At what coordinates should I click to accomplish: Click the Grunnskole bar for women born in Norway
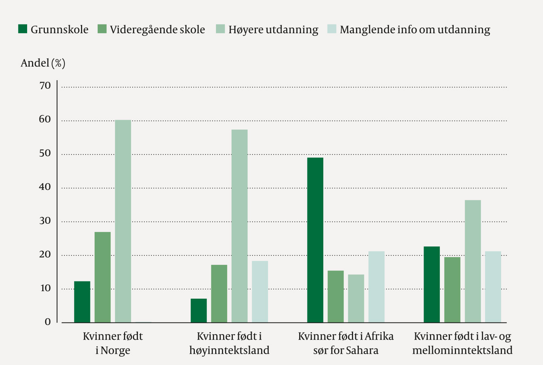pos(82,302)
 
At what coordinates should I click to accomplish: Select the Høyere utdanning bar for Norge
pos(123,221)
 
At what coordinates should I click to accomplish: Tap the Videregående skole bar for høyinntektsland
pos(219,293)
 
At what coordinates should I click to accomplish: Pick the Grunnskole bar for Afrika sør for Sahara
pos(315,240)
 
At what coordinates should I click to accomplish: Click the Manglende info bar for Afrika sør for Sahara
pos(376,287)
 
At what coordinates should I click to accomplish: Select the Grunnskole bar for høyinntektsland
pos(199,310)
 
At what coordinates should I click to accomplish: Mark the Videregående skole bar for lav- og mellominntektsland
pos(452,290)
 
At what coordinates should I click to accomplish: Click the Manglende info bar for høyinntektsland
pos(260,292)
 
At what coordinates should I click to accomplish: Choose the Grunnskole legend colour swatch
pos(23,29)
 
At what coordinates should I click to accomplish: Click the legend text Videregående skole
pos(157,29)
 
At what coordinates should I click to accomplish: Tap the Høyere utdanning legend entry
pos(273,29)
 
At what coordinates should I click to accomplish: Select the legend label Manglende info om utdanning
pos(415,29)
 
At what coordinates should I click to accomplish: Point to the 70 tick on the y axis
pos(45,86)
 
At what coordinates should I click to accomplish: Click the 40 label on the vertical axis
pos(45,187)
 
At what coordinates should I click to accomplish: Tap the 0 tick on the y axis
pos(48,322)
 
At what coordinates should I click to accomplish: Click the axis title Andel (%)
pos(43,63)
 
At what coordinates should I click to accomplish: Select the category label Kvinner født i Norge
pos(113,343)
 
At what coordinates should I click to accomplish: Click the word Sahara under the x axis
pos(362,350)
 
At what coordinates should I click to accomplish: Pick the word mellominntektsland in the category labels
pos(462,350)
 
